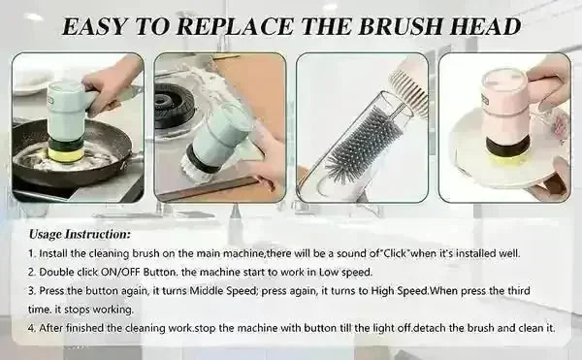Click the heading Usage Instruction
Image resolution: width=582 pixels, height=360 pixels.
[x=80, y=234]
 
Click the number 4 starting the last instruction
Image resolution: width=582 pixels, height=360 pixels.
[x=33, y=328]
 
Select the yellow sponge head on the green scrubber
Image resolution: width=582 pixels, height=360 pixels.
[x=67, y=149]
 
